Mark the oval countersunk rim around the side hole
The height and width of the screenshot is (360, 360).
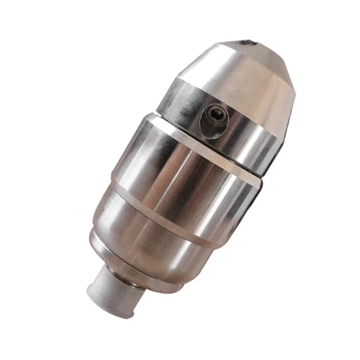click(x=210, y=121)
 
